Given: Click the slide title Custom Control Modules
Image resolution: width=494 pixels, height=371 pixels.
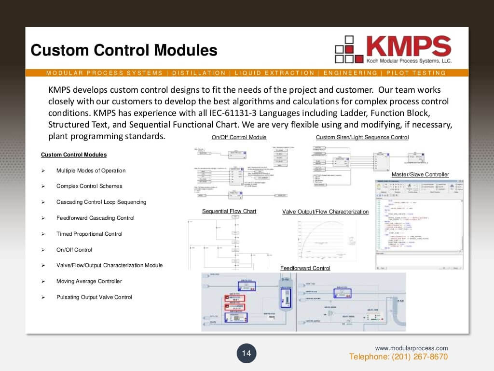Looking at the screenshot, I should pyautogui.click(x=124, y=50).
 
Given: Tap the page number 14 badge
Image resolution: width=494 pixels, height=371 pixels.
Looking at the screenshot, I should pyautogui.click(x=247, y=354).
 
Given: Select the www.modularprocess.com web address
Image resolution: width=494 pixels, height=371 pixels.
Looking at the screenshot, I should pyautogui.click(x=412, y=348).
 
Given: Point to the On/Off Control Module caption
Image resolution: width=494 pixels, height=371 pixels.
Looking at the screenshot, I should pyautogui.click(x=239, y=138).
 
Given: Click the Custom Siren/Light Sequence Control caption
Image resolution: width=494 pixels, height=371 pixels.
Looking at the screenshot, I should pyautogui.click(x=362, y=138).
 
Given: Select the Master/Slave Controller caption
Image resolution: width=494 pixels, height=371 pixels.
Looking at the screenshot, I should pyautogui.click(x=420, y=174).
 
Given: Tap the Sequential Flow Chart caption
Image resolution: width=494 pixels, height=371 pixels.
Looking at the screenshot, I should pyautogui.click(x=229, y=212).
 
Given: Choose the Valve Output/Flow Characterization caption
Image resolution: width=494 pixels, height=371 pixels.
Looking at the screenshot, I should pyautogui.click(x=325, y=212).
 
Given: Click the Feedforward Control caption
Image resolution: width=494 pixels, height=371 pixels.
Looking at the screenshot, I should pyautogui.click(x=305, y=268).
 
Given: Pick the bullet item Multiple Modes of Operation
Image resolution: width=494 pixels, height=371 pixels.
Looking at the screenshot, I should pyautogui.click(x=91, y=171).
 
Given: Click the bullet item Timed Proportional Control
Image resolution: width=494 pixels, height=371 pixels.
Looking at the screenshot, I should pyautogui.click(x=89, y=234).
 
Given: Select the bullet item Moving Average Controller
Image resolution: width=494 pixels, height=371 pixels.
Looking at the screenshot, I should pyautogui.click(x=89, y=281).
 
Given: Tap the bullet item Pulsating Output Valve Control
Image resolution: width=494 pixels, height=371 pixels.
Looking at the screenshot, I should pyautogui.click(x=94, y=297).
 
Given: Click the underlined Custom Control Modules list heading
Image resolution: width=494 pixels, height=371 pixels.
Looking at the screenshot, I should pyautogui.click(x=74, y=155).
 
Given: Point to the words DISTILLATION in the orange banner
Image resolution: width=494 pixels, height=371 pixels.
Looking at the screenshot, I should pyautogui.click(x=199, y=73).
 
